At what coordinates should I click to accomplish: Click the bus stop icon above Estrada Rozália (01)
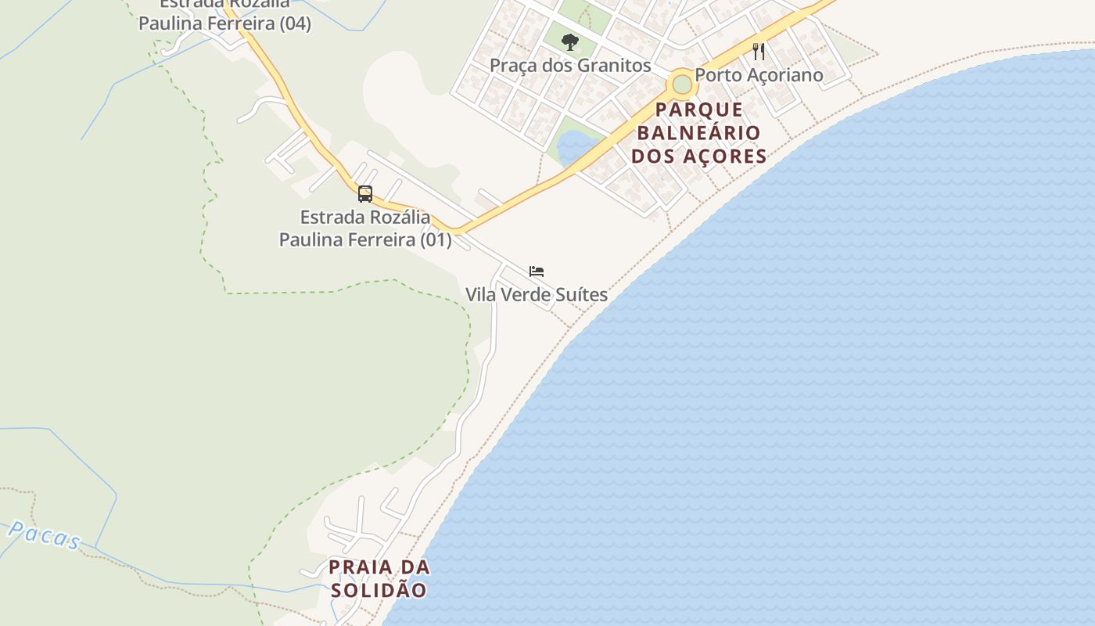(365, 193)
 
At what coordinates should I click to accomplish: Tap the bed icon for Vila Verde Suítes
(537, 272)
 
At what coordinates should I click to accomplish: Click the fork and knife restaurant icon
(759, 52)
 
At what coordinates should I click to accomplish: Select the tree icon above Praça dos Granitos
(570, 41)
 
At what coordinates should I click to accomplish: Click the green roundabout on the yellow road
(682, 83)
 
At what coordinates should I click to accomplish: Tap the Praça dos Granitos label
(570, 66)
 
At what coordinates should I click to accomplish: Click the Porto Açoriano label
(759, 75)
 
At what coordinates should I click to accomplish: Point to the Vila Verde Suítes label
(537, 295)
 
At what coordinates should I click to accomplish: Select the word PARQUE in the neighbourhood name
(699, 110)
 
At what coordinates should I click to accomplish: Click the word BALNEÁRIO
(699, 132)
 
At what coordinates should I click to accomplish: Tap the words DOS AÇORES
(699, 156)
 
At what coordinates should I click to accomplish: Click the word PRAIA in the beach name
(361, 567)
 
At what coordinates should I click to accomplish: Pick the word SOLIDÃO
(379, 590)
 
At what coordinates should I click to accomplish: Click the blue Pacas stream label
(45, 536)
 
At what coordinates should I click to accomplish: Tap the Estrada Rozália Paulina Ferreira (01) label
(365, 228)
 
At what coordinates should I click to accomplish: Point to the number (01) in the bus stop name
(436, 239)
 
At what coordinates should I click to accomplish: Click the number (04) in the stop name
(295, 23)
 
